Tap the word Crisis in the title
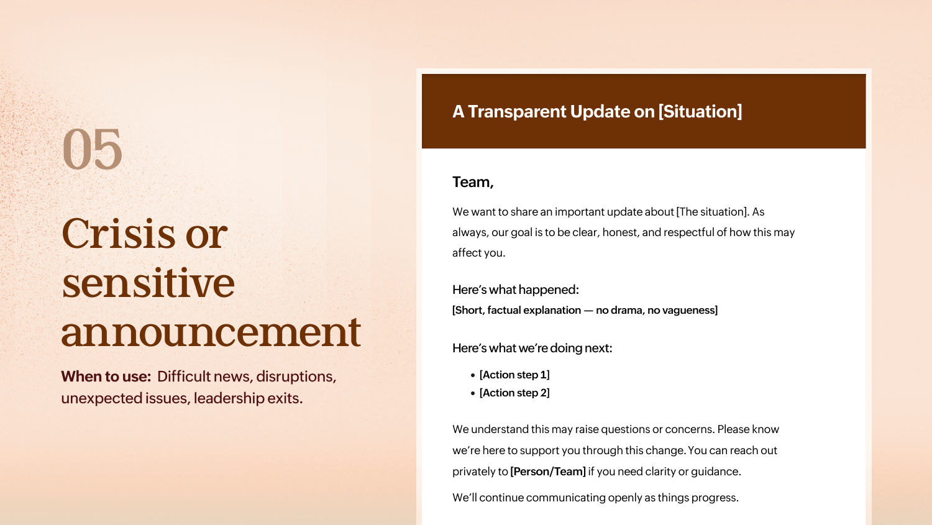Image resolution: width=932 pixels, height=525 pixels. click(118, 234)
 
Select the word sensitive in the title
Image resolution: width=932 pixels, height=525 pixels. click(148, 283)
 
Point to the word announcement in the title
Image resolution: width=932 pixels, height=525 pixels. click(211, 331)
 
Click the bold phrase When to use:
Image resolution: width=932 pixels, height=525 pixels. click(106, 377)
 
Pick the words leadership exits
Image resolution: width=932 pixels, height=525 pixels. click(248, 398)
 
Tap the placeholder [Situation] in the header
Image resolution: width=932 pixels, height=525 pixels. click(700, 111)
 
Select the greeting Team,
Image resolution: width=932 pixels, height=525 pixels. click(473, 182)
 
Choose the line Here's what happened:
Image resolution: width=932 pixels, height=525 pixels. click(515, 290)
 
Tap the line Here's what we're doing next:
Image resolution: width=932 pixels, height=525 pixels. click(532, 348)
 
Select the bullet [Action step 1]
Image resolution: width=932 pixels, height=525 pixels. click(514, 375)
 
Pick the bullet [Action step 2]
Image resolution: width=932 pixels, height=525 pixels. click(514, 393)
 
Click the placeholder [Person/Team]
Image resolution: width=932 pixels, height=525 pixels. click(547, 472)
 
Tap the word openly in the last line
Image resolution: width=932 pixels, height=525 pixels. click(625, 498)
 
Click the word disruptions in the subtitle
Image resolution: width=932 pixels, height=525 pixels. click(296, 377)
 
